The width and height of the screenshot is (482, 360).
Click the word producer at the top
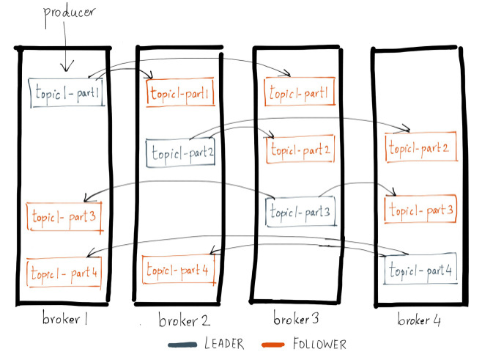(x=69, y=14)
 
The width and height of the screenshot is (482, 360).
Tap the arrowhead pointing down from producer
(x=67, y=66)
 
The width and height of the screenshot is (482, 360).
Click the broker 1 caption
(x=65, y=318)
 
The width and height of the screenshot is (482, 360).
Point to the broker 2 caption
(x=184, y=320)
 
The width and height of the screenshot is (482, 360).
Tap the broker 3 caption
(x=296, y=318)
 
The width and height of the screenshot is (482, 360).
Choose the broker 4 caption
(x=419, y=319)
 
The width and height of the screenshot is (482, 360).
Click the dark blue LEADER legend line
(x=182, y=345)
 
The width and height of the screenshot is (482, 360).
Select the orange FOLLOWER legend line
(x=273, y=345)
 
